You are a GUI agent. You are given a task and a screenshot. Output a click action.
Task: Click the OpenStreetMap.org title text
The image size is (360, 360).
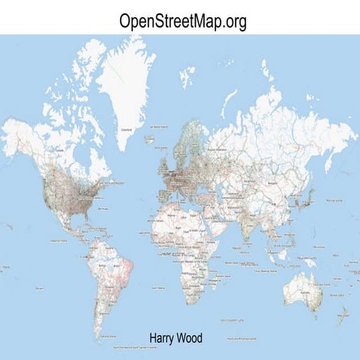[x=182, y=22]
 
